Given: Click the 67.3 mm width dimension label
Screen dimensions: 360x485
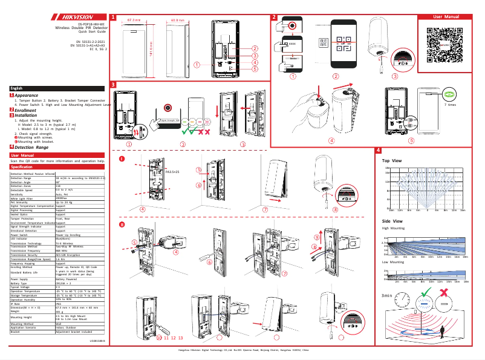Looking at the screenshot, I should (x=134, y=19).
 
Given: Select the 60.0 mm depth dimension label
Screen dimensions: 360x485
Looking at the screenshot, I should (x=177, y=19).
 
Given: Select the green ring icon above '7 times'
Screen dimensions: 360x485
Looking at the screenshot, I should (x=449, y=94).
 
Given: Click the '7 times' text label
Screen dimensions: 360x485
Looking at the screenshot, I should (x=449, y=105).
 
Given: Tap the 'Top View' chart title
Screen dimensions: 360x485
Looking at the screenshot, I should (x=391, y=160).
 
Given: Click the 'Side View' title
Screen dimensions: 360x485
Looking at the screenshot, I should (x=391, y=221).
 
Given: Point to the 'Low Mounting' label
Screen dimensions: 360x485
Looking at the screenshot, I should (x=393, y=263).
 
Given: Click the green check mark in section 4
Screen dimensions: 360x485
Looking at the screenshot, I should (x=427, y=293).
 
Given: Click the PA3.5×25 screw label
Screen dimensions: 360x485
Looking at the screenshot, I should (x=172, y=172).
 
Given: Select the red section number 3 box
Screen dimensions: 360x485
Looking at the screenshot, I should (x=114, y=83).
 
